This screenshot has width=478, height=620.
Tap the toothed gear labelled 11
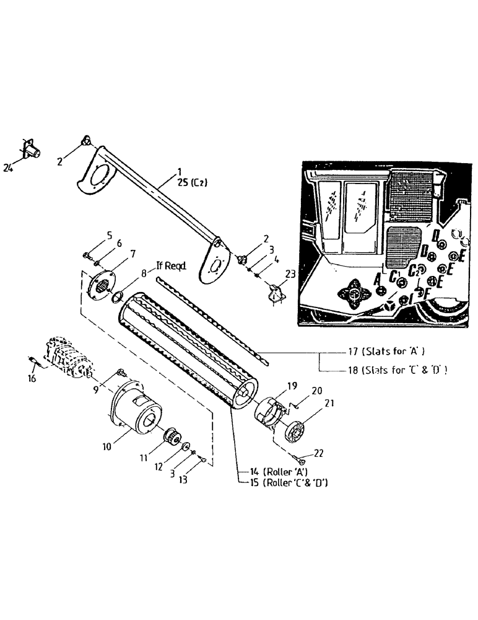pyautogui.click(x=170, y=437)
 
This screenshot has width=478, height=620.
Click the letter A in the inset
pyautogui.click(x=378, y=280)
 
